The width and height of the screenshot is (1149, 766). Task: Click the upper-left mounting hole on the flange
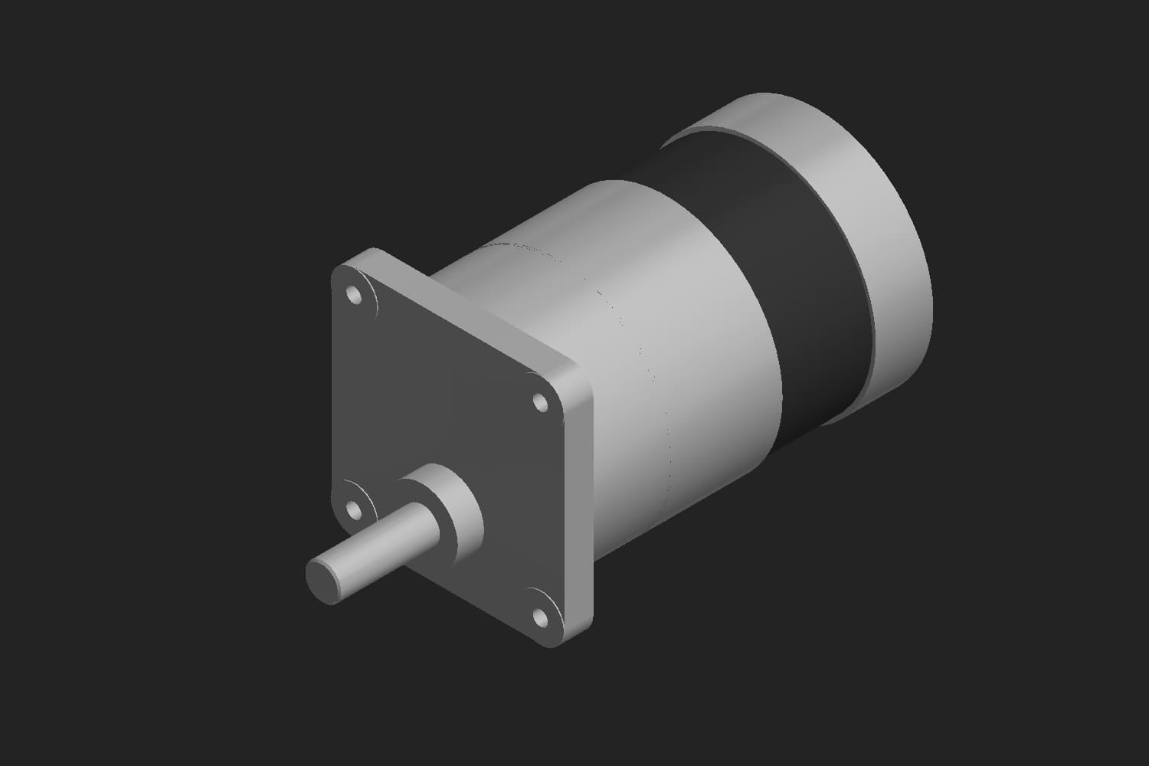click(354, 294)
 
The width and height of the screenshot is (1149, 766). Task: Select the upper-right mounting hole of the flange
click(540, 401)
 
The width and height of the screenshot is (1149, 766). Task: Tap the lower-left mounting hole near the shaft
click(354, 509)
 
